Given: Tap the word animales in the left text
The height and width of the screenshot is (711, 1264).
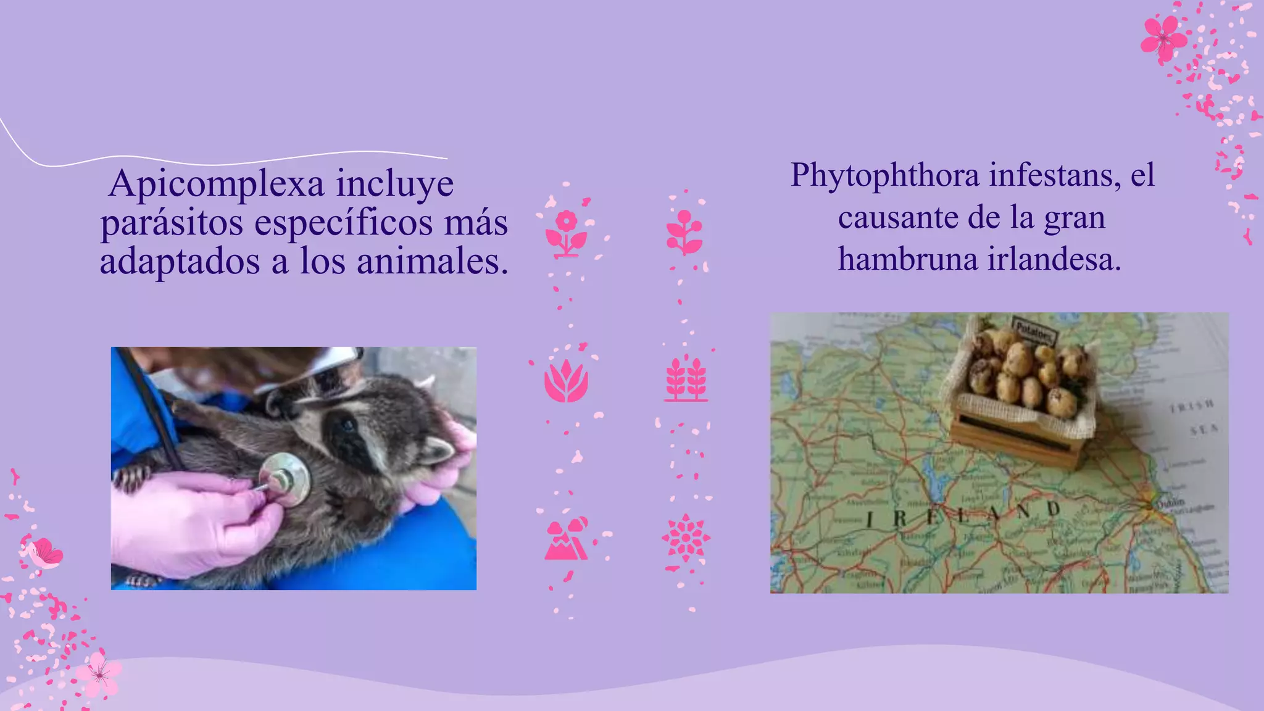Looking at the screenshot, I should pos(432,262).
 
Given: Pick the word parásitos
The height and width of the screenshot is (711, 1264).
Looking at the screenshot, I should pos(172,223).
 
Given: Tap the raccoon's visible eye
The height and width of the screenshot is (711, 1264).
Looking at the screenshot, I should pos(347,425).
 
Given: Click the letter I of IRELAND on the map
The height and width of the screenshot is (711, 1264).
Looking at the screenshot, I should pos(869,520).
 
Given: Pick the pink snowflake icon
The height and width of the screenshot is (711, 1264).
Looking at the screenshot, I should pos(686,538).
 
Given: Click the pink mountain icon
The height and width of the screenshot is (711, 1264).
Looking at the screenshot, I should pos(566,539).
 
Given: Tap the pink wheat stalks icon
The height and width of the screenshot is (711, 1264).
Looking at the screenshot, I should pos(686,379).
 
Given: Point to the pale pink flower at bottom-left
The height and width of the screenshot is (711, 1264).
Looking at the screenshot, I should pos(99,674).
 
